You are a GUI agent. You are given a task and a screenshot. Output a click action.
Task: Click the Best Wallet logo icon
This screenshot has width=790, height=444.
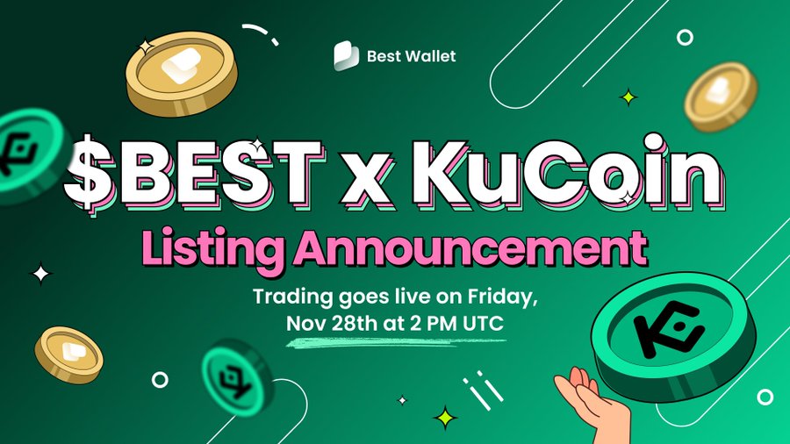(x=346, y=55)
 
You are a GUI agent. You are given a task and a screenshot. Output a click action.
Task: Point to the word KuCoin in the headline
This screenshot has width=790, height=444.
(x=568, y=173)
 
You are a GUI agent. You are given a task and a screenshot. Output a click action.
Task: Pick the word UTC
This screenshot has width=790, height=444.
(x=483, y=323)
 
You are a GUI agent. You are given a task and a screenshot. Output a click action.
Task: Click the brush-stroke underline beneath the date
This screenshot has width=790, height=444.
(x=396, y=343)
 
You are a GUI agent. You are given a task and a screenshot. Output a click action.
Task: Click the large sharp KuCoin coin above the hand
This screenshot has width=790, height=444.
(x=673, y=336)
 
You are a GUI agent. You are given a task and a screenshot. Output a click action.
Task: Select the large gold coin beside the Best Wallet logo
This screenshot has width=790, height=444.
(x=182, y=74)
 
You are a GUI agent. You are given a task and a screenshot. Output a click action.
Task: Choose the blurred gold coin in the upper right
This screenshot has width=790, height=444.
(x=721, y=97)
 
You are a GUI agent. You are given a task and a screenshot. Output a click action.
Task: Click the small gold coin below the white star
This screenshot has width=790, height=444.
(x=69, y=354)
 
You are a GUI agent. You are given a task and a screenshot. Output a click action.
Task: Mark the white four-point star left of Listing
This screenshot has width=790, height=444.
(x=41, y=274)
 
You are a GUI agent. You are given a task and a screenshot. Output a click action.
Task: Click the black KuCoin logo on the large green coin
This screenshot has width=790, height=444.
(x=669, y=330)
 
